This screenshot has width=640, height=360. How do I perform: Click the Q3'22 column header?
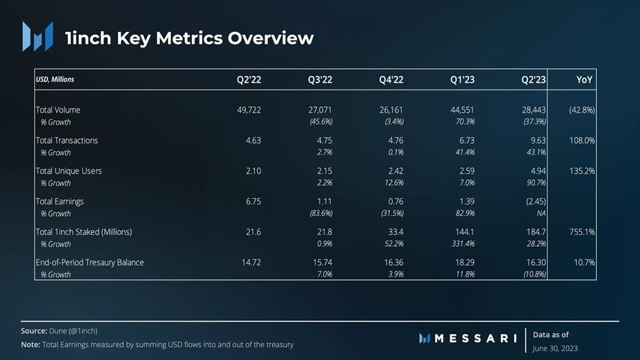(320, 80)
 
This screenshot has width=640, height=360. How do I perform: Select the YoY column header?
(584, 80)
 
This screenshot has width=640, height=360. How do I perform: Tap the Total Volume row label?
(58, 110)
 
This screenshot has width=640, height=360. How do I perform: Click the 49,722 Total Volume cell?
(249, 110)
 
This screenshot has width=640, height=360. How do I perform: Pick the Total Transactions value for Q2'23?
(536, 140)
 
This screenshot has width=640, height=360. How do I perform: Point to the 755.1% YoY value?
(582, 232)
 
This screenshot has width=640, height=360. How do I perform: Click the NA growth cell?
(541, 213)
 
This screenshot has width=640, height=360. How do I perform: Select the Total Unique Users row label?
(68, 171)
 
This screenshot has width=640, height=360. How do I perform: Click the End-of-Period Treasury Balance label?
(90, 263)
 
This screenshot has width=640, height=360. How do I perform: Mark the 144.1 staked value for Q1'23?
(464, 232)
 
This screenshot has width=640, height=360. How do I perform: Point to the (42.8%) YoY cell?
(582, 110)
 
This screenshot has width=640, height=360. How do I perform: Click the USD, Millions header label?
(55, 79)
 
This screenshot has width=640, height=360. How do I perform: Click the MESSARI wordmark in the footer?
(475, 338)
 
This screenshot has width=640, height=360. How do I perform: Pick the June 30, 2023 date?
(555, 348)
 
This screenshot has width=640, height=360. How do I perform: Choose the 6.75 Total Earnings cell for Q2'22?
(253, 202)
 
